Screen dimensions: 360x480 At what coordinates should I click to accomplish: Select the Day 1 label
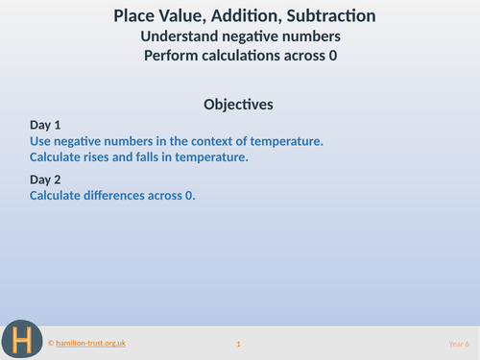[x=45, y=125]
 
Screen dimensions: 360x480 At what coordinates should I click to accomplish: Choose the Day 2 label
[x=45, y=180]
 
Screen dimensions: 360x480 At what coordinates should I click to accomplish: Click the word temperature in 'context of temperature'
[x=285, y=141]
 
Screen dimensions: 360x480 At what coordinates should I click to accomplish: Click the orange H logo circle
[x=20, y=338]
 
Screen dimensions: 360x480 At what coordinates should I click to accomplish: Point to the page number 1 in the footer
[x=238, y=344]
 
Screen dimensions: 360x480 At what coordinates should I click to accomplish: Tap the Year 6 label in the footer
[x=459, y=344]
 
